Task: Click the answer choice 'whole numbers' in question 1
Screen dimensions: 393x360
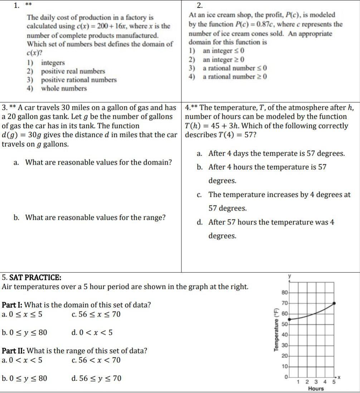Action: click(64, 88)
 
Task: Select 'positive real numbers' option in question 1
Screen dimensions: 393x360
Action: click(73, 71)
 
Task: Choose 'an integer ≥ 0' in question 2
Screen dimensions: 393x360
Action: click(223, 59)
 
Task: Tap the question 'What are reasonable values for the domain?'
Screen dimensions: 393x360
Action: click(98, 162)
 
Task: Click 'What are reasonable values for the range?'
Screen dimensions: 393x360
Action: click(96, 218)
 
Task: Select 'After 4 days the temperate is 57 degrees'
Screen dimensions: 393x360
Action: click(277, 154)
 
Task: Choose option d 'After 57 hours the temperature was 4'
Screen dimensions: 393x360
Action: click(271, 222)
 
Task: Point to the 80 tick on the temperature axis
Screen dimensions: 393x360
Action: click(284, 292)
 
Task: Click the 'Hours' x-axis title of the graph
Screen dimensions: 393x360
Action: click(316, 389)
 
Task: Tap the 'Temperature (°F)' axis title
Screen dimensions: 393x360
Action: click(276, 330)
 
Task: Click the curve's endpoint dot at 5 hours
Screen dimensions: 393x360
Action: click(334, 303)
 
